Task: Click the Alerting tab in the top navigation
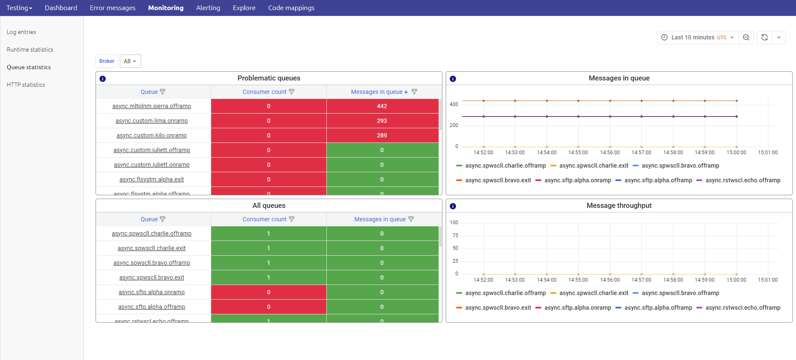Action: tap(208, 8)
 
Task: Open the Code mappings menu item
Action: tap(291, 8)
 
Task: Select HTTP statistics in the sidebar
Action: tap(26, 85)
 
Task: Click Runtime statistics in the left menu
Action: tap(30, 49)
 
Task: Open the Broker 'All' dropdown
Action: tap(130, 61)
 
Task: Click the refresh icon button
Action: tap(764, 37)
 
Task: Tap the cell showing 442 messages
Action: tap(382, 106)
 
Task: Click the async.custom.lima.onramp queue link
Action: tap(152, 121)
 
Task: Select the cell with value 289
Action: tap(382, 135)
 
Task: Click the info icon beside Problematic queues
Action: tap(103, 79)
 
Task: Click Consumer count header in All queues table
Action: tap(264, 219)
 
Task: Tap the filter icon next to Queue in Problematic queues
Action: tap(163, 92)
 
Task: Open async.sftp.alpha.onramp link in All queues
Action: tap(152, 292)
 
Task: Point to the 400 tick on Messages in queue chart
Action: tap(454, 104)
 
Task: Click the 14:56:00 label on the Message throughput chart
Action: tap(610, 280)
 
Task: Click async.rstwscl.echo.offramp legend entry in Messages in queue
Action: tap(742, 180)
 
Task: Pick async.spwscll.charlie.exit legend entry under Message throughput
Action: tap(593, 293)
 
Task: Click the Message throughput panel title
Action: tap(619, 205)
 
